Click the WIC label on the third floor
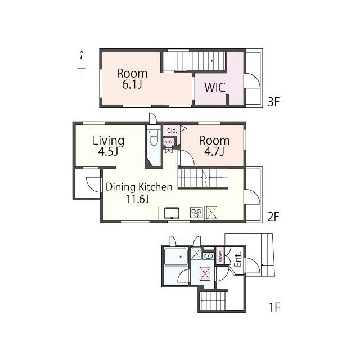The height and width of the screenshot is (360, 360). (x=215, y=88)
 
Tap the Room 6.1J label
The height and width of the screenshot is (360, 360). (x=132, y=79)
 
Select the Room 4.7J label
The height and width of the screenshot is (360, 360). (x=214, y=146)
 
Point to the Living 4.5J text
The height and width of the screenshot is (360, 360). (x=109, y=146)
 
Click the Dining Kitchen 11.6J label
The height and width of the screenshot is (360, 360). (x=139, y=193)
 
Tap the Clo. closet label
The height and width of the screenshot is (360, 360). (x=172, y=130)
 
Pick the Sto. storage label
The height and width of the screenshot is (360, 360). (x=169, y=142)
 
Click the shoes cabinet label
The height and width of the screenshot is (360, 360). (x=220, y=256)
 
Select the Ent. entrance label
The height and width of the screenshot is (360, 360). (x=238, y=259)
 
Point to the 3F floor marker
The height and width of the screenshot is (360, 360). (x=273, y=102)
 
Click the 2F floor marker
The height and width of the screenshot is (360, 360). (x=273, y=217)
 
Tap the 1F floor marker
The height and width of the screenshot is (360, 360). (x=274, y=307)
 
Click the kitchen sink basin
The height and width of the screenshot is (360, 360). (x=172, y=213)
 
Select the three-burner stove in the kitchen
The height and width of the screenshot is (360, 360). (x=196, y=213)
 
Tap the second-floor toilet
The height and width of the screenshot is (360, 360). (x=153, y=137)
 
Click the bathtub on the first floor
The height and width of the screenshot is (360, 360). (x=176, y=256)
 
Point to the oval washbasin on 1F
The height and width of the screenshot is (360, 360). (x=208, y=256)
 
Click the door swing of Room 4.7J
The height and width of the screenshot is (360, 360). (x=186, y=157)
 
